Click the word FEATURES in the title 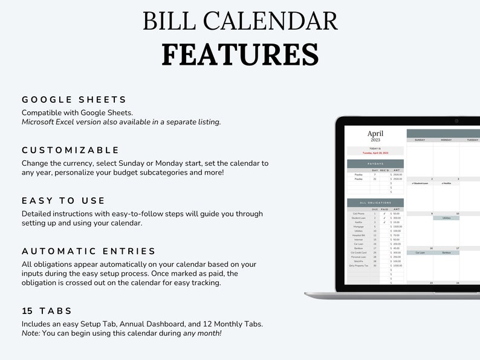240,54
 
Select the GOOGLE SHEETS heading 74,100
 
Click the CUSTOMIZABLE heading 71,150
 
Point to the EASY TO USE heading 63,200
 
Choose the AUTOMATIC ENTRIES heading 89,251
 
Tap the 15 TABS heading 47,310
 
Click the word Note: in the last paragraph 33,333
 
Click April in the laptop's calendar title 375,134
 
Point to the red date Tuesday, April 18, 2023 375,153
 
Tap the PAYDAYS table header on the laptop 375,163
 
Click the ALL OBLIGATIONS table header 375,203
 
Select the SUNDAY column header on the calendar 420,140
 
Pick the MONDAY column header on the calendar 446,140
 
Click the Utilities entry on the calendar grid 446,218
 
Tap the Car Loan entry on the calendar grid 420,253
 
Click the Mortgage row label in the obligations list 358,226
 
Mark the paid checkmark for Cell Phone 384,214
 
